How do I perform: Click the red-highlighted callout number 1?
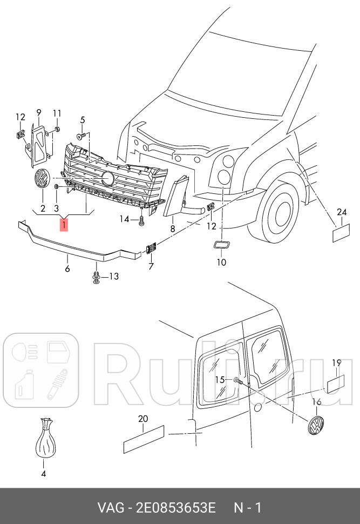click(64, 224)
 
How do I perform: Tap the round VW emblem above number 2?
click(41, 178)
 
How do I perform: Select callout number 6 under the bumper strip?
click(67, 268)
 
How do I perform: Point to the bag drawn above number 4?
click(46, 441)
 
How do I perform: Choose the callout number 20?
click(142, 419)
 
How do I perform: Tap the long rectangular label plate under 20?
click(144, 439)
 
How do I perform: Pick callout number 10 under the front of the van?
click(222, 263)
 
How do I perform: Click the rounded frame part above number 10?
click(220, 246)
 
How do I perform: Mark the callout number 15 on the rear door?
click(220, 380)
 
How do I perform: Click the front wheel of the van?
click(282, 213)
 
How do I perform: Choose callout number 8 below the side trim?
click(173, 229)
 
